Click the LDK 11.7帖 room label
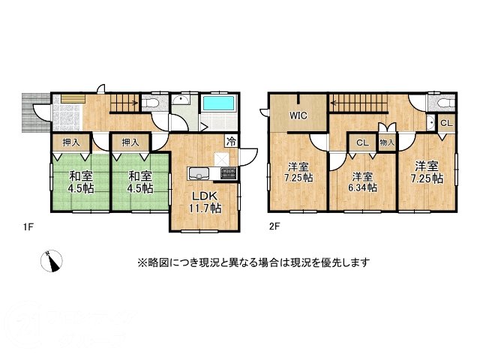205,202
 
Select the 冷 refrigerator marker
232,140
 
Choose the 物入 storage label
387,142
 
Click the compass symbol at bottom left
51,260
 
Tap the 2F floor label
274,224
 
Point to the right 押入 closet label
130,141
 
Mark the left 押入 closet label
70,141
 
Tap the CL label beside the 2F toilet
445,123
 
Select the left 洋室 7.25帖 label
298,172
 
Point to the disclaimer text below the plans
253,262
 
